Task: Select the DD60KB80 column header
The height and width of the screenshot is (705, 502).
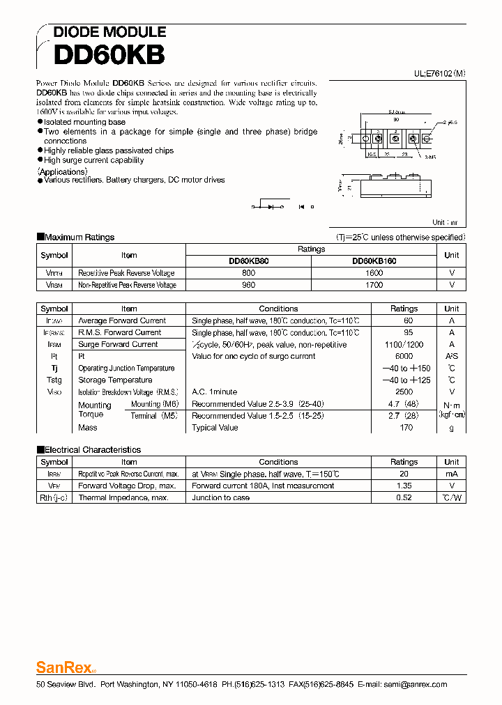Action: pos(249,261)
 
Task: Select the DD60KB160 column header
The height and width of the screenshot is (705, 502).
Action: pos(374,261)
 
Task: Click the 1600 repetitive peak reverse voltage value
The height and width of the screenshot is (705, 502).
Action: pos(374,273)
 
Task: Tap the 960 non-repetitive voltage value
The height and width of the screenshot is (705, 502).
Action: pos(249,285)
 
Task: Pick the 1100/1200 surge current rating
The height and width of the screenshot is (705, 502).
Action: pos(404,344)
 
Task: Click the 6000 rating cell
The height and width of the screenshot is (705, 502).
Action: pos(404,356)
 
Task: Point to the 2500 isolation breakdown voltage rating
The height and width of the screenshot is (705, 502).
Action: pos(404,392)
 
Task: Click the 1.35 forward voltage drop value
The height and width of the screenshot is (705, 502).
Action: pos(404,486)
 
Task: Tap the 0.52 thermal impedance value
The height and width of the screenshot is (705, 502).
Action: pos(404,497)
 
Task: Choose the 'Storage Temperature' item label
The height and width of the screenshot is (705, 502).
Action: pos(115,380)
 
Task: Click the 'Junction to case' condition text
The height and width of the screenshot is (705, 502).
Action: pos(221,497)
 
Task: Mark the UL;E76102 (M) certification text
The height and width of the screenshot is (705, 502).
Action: pos(430,72)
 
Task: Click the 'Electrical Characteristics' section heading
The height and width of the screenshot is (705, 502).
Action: pos(92,449)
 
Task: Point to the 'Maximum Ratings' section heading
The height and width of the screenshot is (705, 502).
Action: pos(79,237)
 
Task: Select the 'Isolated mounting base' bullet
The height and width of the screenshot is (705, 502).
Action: pos(84,122)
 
